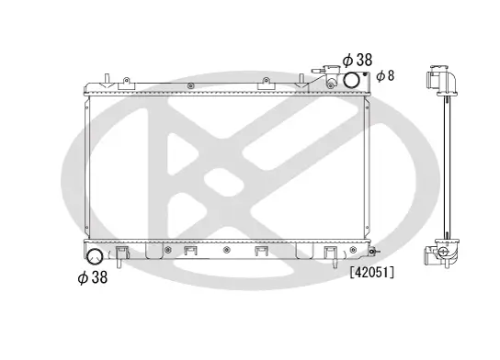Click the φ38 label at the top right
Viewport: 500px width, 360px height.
tap(357, 60)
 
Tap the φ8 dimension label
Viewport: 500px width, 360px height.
tap(384, 75)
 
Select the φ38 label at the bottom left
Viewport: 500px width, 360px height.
tap(92, 277)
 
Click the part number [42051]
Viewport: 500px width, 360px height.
tap(371, 272)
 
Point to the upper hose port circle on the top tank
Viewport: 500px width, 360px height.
tap(353, 81)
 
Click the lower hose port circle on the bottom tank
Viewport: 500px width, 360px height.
tap(93, 256)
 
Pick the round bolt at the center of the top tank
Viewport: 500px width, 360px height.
tap(190, 86)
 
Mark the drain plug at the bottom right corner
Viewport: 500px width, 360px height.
tap(370, 251)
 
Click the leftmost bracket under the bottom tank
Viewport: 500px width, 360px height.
tap(125, 252)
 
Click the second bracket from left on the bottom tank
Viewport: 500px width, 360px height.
tap(191, 252)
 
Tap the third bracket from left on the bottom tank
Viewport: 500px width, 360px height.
tap(261, 252)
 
